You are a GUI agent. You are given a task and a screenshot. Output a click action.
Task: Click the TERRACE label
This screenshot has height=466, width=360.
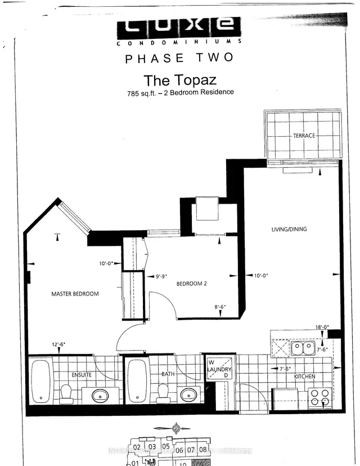point(304,136)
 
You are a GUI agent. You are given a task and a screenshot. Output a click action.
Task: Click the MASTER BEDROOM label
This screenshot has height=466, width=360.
point(75,294)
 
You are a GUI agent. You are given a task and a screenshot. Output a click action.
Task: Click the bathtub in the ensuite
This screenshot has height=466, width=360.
point(40,380)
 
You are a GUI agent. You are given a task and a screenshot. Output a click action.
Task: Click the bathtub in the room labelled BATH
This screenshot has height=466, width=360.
point(138,380)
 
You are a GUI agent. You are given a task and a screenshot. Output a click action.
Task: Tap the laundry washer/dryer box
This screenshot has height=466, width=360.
point(219,369)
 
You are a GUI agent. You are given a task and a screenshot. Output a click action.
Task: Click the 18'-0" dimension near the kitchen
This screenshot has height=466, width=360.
point(321,327)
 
